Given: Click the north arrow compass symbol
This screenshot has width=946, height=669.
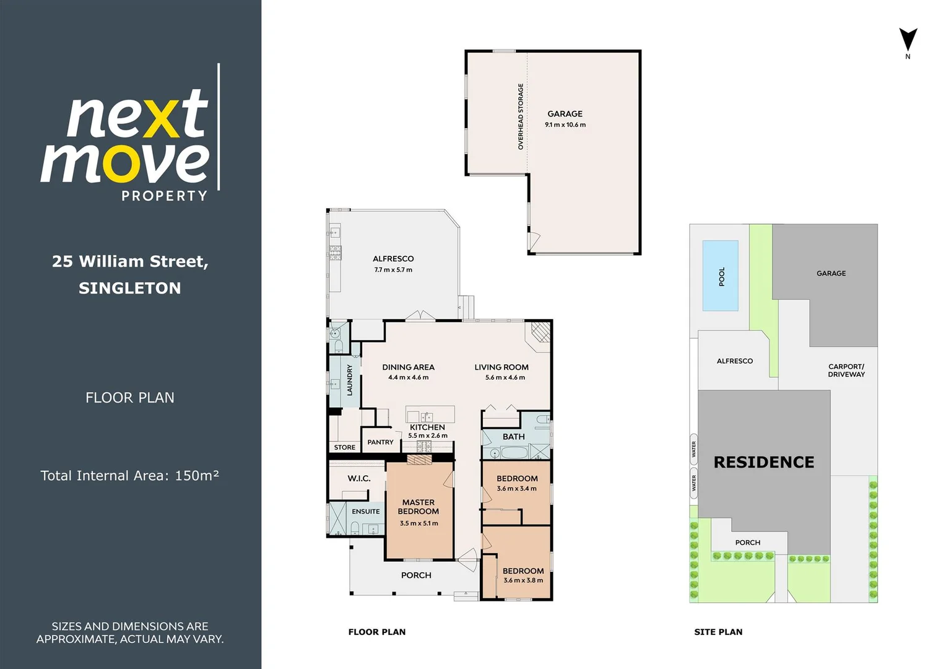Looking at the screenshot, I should click(x=908, y=40).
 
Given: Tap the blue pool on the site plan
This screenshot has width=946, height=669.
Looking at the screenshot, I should click(x=720, y=276).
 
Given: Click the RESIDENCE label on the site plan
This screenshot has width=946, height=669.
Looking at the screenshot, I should click(x=763, y=462).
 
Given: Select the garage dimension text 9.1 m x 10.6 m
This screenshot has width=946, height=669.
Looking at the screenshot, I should click(x=565, y=125).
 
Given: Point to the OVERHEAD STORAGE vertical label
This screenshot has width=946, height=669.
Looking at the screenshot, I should click(x=521, y=116).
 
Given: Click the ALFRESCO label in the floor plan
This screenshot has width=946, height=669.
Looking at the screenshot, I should click(x=393, y=259).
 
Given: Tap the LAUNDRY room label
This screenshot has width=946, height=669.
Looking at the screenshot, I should click(x=349, y=380).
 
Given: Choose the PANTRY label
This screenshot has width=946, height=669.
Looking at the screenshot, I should click(x=380, y=442).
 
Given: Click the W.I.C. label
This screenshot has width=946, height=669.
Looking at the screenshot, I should click(x=359, y=478).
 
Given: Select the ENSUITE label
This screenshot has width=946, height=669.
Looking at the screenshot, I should click(x=366, y=512).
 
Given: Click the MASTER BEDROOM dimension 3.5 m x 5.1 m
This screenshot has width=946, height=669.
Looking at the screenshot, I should click(x=419, y=523).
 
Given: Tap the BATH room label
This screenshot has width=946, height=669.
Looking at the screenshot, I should click(x=513, y=437).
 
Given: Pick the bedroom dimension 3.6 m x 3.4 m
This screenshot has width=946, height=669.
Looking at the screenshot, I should click(x=516, y=489).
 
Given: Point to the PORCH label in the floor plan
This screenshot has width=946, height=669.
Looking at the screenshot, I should click(x=416, y=575).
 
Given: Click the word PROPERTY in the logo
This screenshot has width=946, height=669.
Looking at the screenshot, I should click(x=164, y=196).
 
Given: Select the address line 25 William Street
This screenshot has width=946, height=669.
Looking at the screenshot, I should click(x=130, y=261).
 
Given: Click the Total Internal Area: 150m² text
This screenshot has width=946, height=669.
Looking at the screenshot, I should click(x=130, y=476).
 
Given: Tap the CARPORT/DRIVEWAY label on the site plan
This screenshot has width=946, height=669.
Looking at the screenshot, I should click(x=846, y=370).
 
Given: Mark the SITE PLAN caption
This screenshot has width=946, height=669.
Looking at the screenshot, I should click(x=718, y=632).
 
